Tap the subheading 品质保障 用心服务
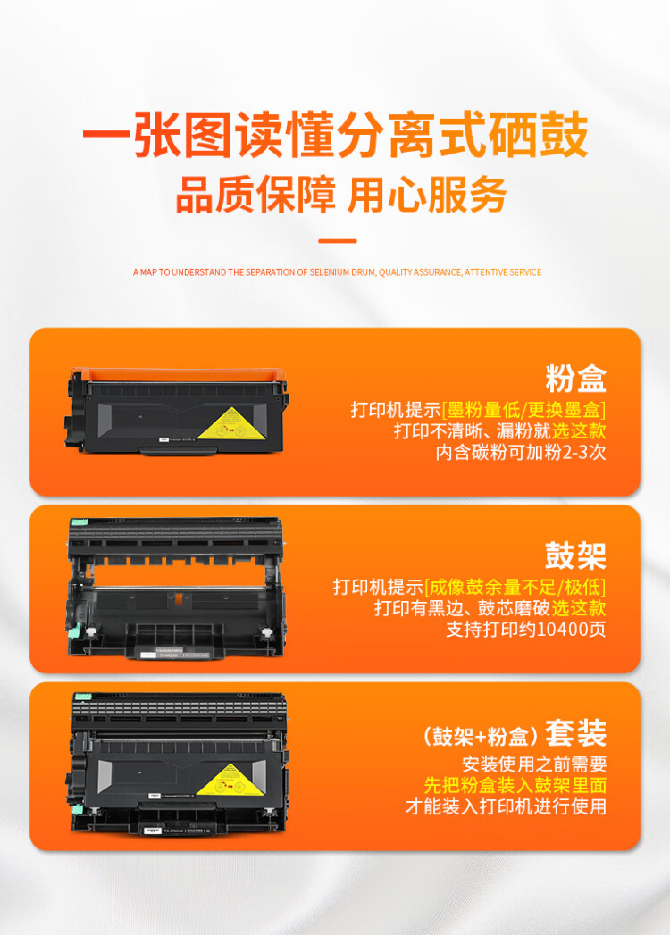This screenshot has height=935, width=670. click(x=340, y=195)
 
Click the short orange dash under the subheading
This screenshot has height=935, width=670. click(x=337, y=241)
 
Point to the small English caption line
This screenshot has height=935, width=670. click(x=337, y=271)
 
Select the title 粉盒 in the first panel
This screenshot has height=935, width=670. click(x=575, y=378)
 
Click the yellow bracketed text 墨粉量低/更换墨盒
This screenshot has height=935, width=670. click(x=524, y=410)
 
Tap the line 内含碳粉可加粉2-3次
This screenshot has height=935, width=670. click(x=521, y=452)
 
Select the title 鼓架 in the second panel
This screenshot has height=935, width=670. click(x=575, y=555)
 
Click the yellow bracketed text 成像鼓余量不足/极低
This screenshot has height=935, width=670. click(x=515, y=587)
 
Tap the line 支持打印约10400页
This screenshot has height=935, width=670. click(x=526, y=629)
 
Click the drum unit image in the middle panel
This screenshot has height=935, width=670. click(x=174, y=589)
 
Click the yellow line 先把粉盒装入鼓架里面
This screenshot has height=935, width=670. click(x=515, y=785)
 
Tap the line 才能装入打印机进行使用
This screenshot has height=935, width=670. click(x=506, y=806)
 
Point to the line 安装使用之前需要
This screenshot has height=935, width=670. click(x=534, y=764)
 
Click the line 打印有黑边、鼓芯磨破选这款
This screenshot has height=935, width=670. click(x=490, y=608)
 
